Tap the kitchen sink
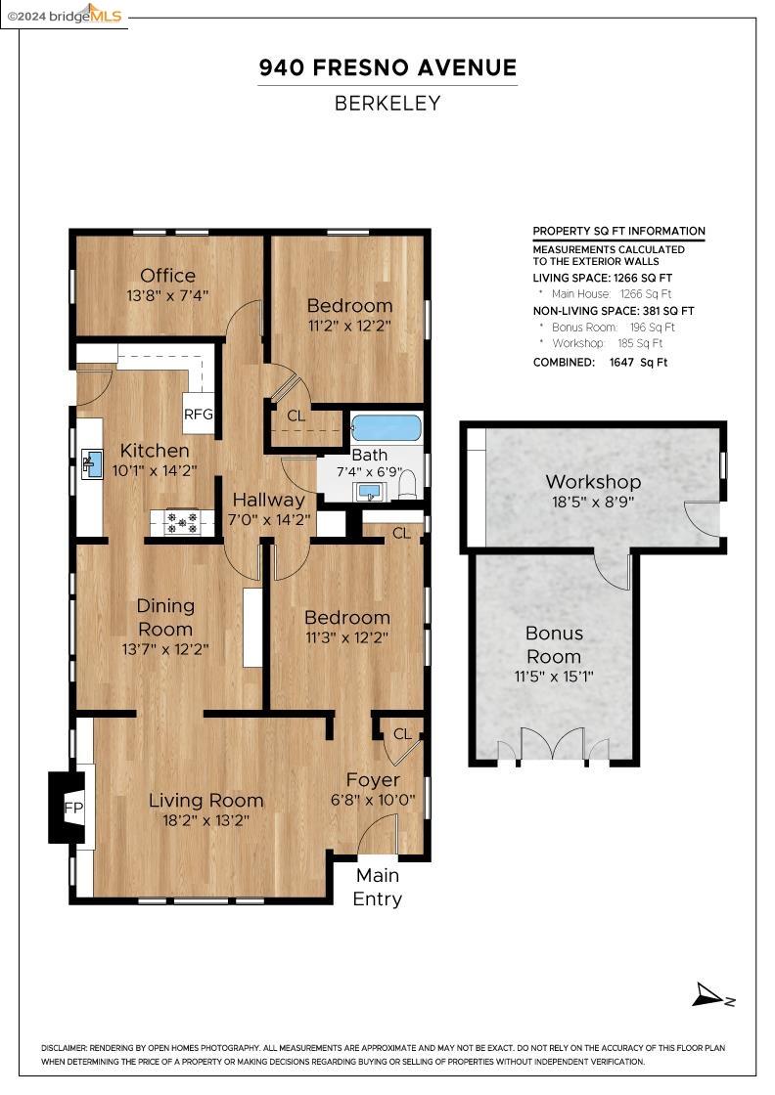[x=92, y=463]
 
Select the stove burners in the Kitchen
[x=183, y=521]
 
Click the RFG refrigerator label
[x=199, y=415]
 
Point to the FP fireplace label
[x=73, y=808]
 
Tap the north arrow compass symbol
[x=712, y=995]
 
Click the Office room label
[x=167, y=275]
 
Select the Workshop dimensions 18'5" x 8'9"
[x=593, y=502]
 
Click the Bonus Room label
[x=554, y=644]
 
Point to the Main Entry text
[x=378, y=887]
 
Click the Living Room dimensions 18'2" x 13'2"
[x=206, y=820]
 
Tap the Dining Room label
[x=165, y=617]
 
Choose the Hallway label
[x=269, y=500]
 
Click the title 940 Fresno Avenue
[x=387, y=67]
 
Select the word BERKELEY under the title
[x=387, y=104]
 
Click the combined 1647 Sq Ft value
[x=639, y=363]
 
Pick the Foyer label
[x=373, y=779]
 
